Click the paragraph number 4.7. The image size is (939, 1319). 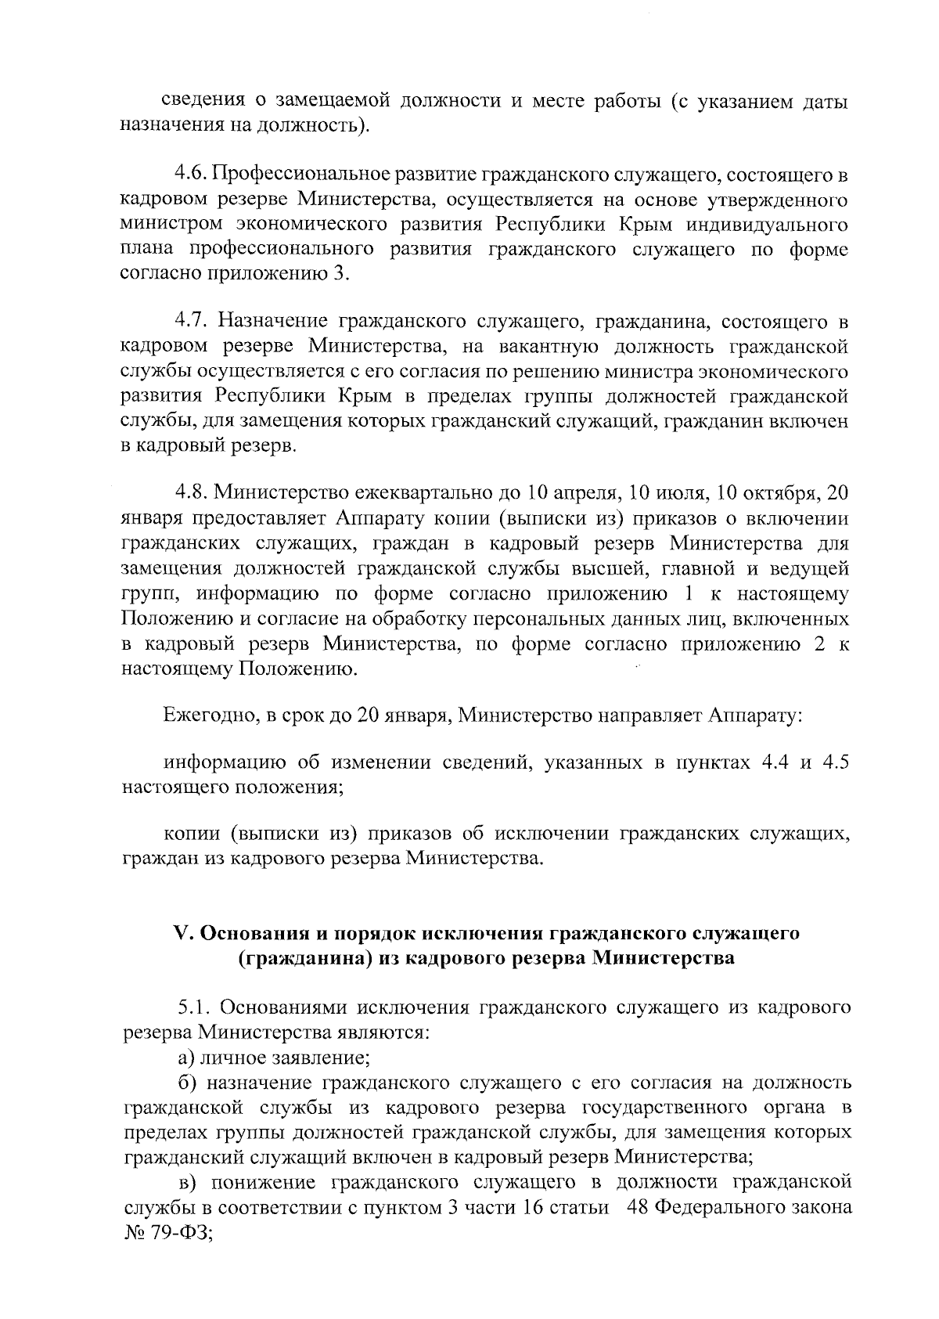pos(189,321)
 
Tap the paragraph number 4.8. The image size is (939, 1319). pos(189,493)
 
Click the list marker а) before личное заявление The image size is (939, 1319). pos(185,1058)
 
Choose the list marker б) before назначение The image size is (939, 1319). pos(185,1083)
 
